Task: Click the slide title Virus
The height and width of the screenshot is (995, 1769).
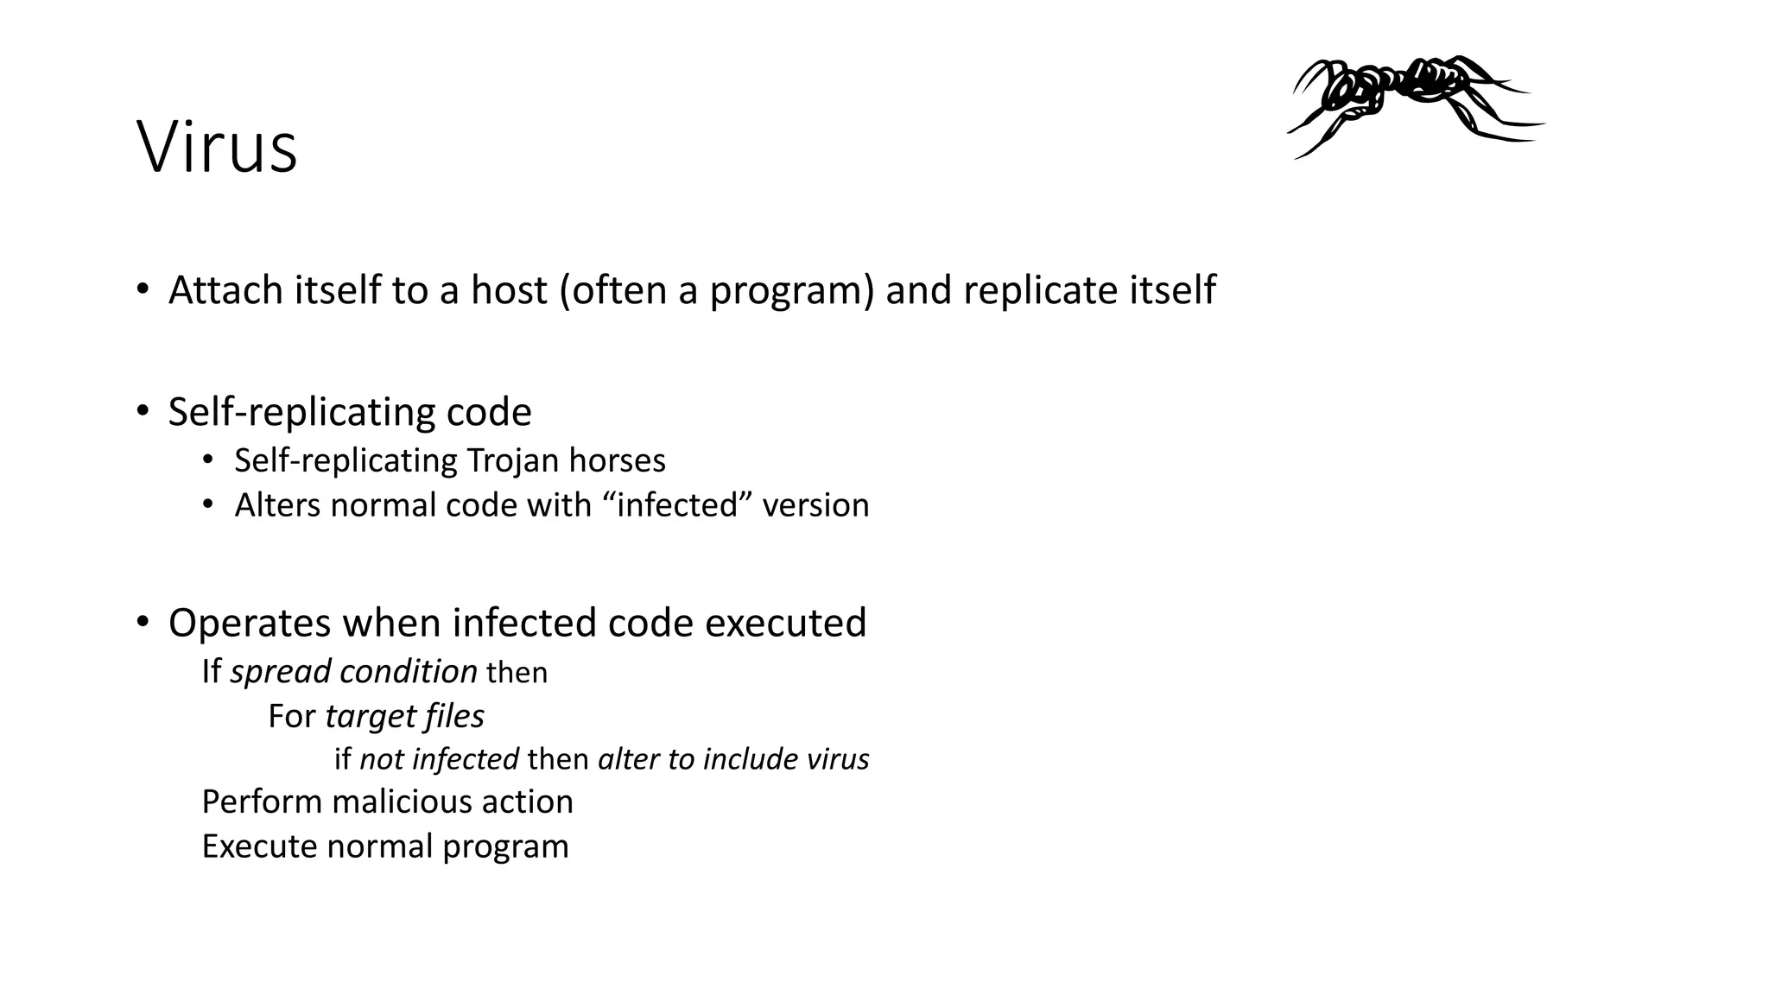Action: [217, 148]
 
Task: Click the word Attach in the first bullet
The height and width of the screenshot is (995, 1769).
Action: [225, 290]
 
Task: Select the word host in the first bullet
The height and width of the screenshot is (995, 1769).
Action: [509, 290]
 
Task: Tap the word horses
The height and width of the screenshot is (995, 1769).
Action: [617, 460]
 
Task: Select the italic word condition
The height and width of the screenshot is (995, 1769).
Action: [409, 672]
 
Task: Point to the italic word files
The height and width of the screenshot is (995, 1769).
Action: [454, 716]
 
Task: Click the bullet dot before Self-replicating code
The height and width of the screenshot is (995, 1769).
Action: [143, 411]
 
